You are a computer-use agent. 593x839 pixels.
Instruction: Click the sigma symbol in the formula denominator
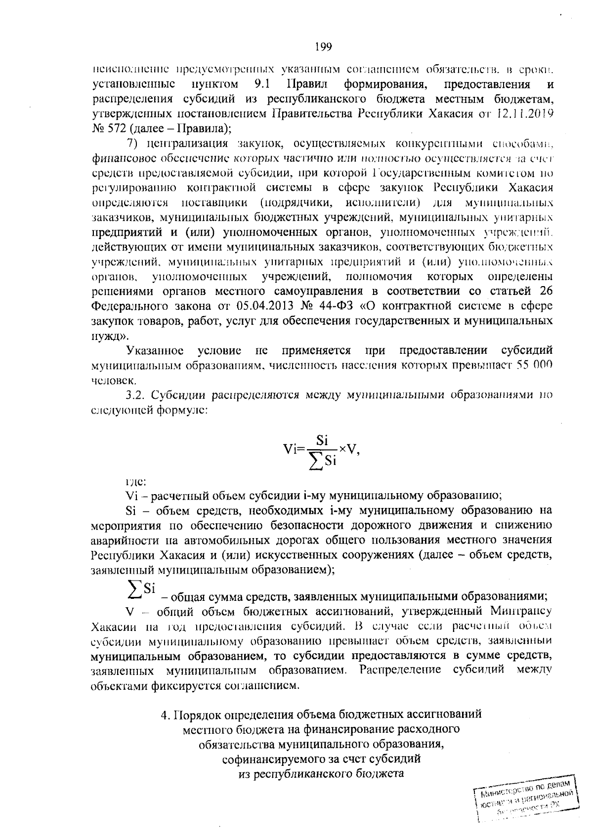pos(315,461)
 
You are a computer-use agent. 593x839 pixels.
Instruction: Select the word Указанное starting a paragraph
pos(155,351)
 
